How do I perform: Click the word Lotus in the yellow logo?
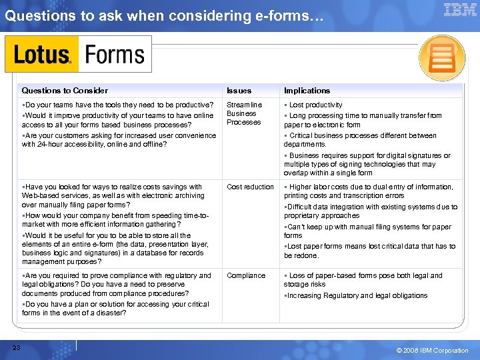pos(41,55)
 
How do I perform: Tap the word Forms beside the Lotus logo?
pos(115,55)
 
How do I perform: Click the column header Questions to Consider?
pos(65,91)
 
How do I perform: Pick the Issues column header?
pos(239,91)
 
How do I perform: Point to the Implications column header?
pos(307,91)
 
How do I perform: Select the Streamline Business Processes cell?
pos(244,113)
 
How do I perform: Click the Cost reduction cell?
pos(250,187)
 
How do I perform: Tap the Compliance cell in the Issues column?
pos(245,275)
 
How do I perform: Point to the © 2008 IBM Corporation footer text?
pos(432,351)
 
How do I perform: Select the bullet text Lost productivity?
pos(315,105)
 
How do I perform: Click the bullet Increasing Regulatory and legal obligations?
pos(357,295)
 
